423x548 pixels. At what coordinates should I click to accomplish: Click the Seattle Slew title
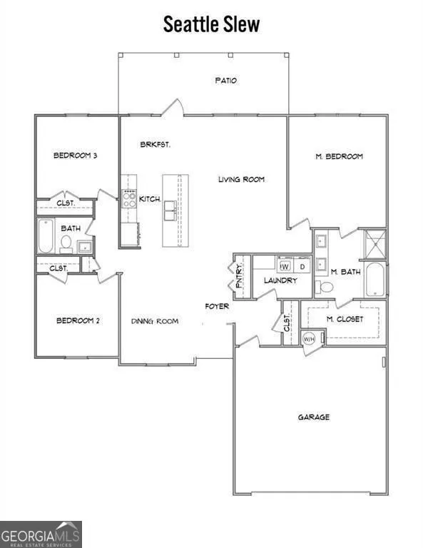click(x=211, y=24)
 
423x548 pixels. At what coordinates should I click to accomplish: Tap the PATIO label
click(x=226, y=81)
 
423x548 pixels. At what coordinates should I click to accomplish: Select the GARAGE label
click(x=314, y=417)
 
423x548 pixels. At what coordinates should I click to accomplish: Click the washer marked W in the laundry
click(x=285, y=267)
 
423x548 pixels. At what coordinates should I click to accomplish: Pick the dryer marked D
click(x=302, y=267)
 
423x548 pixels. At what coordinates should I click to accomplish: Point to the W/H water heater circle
click(x=309, y=338)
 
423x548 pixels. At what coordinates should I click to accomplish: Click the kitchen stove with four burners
click(x=129, y=199)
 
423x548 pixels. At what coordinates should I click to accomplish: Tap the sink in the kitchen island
click(x=170, y=210)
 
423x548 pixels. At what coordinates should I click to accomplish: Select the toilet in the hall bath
click(x=66, y=243)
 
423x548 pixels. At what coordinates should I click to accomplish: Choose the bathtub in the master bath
click(x=374, y=279)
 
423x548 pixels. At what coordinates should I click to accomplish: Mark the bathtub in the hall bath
click(x=46, y=235)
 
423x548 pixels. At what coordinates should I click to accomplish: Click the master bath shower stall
click(x=375, y=245)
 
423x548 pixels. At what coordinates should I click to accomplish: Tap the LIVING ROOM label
click(x=241, y=179)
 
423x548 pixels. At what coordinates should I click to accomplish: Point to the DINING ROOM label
click(x=155, y=321)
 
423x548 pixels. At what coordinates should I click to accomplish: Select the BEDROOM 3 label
click(x=75, y=155)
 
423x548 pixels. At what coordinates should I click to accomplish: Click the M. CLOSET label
click(x=345, y=319)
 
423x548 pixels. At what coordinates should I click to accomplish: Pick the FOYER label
click(x=217, y=306)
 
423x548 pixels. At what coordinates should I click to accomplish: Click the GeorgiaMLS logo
click(x=41, y=534)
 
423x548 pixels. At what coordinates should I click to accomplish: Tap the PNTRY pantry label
click(x=239, y=277)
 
